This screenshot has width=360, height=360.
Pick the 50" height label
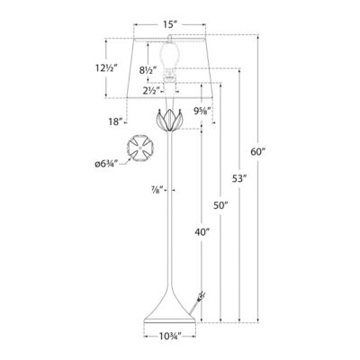[221, 206]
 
